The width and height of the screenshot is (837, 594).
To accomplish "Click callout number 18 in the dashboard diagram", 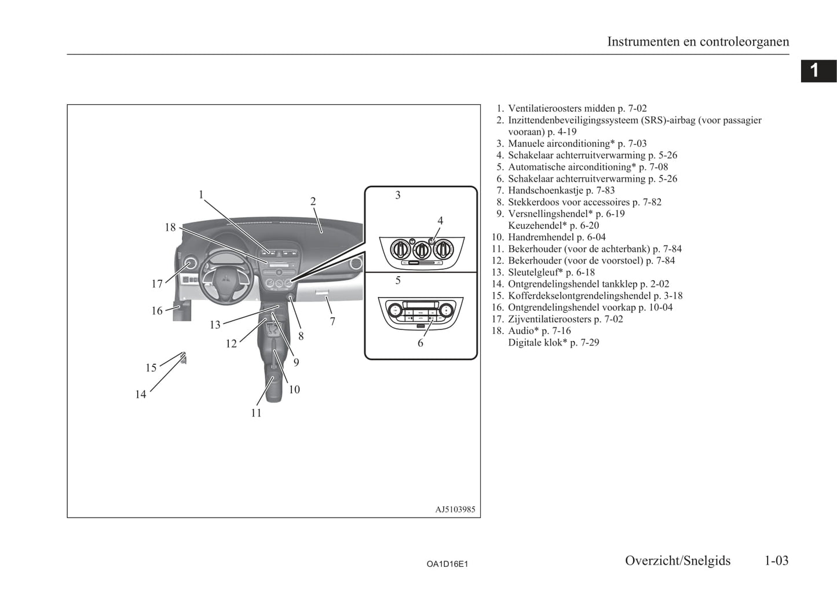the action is click(170, 227).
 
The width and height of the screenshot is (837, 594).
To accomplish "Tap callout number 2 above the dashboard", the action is click(313, 201).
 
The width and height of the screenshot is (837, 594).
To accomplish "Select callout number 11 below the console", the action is click(256, 413).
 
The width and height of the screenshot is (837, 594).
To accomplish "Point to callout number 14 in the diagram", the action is click(141, 394).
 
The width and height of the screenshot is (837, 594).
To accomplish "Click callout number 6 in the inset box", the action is click(421, 343).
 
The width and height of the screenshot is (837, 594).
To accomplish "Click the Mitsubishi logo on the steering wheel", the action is click(226, 279).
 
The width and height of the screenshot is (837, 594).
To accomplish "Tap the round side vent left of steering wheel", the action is click(190, 264).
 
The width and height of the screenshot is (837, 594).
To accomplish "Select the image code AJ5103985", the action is click(455, 509).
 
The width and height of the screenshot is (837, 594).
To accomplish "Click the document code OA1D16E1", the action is click(447, 564).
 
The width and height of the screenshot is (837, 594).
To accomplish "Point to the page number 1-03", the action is click(776, 560).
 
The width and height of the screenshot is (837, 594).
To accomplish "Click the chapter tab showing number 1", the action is click(818, 71).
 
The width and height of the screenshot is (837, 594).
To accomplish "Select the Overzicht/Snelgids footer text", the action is click(678, 560).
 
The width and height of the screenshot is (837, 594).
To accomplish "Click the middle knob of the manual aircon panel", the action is click(422, 249).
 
